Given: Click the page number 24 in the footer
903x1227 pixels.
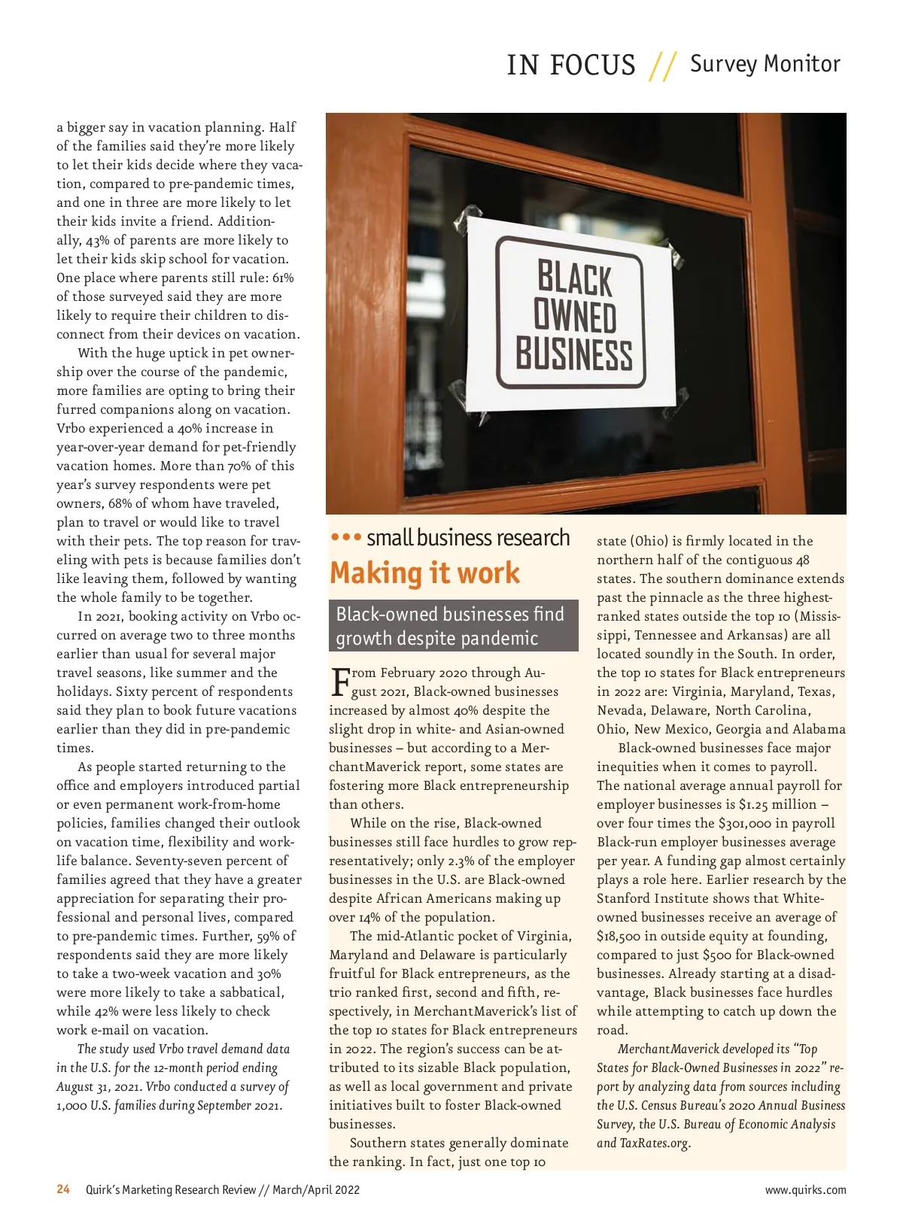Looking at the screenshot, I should [63, 1189].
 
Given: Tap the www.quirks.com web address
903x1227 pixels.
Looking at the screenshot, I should [805, 1190].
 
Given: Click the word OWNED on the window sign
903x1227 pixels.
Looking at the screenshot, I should [575, 317].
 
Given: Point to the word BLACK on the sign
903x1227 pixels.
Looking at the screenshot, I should [576, 277].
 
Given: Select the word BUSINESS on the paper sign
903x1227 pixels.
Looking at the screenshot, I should [573, 355].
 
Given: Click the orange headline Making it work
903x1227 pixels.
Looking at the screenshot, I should [424, 573].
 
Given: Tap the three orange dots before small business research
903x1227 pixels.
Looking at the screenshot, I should [346, 538].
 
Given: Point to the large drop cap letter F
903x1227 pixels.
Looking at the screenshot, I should [339, 682].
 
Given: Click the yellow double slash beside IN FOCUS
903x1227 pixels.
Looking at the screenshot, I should [663, 65].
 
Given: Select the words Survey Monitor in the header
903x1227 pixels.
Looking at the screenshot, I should [765, 64].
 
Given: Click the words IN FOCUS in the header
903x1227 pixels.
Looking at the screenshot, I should [571, 65].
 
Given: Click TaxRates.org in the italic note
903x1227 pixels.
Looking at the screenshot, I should [654, 1143].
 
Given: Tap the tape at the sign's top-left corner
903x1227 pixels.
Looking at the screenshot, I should [461, 223].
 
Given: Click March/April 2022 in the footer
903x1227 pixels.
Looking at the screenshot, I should [316, 1190].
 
